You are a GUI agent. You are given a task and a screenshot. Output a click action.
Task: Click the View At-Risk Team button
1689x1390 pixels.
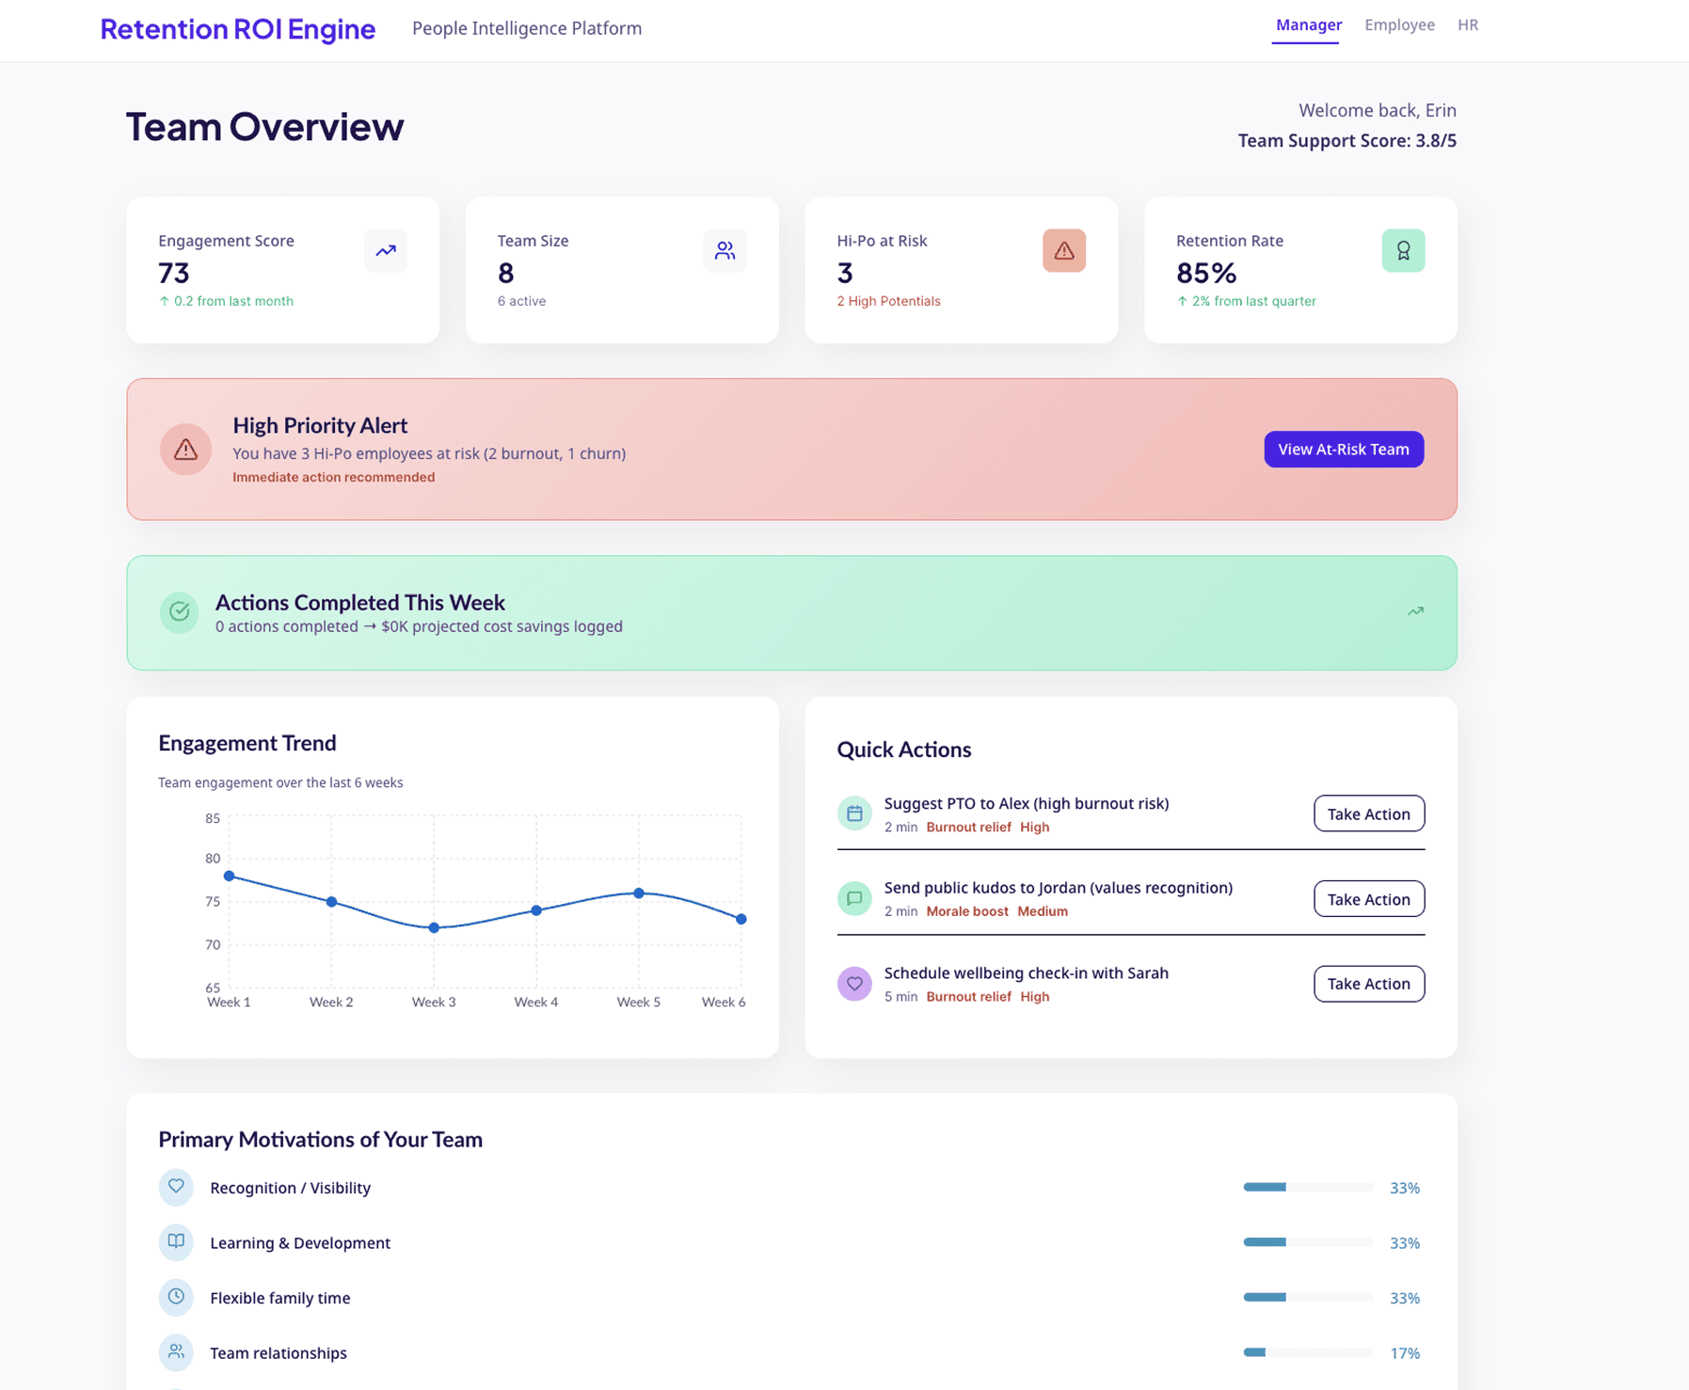(1344, 450)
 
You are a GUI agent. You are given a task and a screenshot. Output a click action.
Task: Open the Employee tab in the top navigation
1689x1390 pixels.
(1399, 25)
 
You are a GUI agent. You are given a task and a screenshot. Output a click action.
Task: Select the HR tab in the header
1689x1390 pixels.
(1468, 25)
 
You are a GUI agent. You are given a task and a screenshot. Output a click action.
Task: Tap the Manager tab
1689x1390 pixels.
(1309, 25)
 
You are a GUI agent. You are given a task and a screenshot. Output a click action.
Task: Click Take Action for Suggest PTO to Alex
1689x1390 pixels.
(1369, 813)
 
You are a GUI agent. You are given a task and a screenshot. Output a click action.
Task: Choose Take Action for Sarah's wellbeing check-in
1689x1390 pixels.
(1369, 984)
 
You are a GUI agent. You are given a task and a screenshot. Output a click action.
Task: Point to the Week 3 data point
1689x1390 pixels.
(434, 927)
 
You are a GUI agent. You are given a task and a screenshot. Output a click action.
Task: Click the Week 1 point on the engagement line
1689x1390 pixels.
(229, 876)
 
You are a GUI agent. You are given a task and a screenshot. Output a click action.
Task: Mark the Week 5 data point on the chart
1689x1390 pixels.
(639, 892)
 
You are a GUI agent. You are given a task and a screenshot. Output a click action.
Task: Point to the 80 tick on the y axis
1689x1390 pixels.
(213, 859)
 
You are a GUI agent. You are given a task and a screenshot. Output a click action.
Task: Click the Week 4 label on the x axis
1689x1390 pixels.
(536, 1003)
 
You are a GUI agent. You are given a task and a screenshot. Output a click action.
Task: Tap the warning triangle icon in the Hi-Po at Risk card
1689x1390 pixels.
(1064, 250)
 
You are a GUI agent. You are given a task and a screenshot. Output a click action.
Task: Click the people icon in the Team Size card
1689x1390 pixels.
(725, 250)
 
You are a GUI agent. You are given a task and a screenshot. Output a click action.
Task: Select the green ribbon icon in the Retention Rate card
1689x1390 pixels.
(1403, 250)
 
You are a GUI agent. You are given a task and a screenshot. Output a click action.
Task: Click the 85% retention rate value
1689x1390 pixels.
(1206, 273)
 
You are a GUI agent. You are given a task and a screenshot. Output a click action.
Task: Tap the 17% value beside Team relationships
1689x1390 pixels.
(1405, 1353)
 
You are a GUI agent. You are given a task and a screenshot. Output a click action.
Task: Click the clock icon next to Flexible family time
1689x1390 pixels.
(176, 1297)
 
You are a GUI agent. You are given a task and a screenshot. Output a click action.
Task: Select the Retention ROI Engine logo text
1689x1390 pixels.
(238, 29)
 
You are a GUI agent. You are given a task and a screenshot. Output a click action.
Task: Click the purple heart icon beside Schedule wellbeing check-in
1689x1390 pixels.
(854, 984)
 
